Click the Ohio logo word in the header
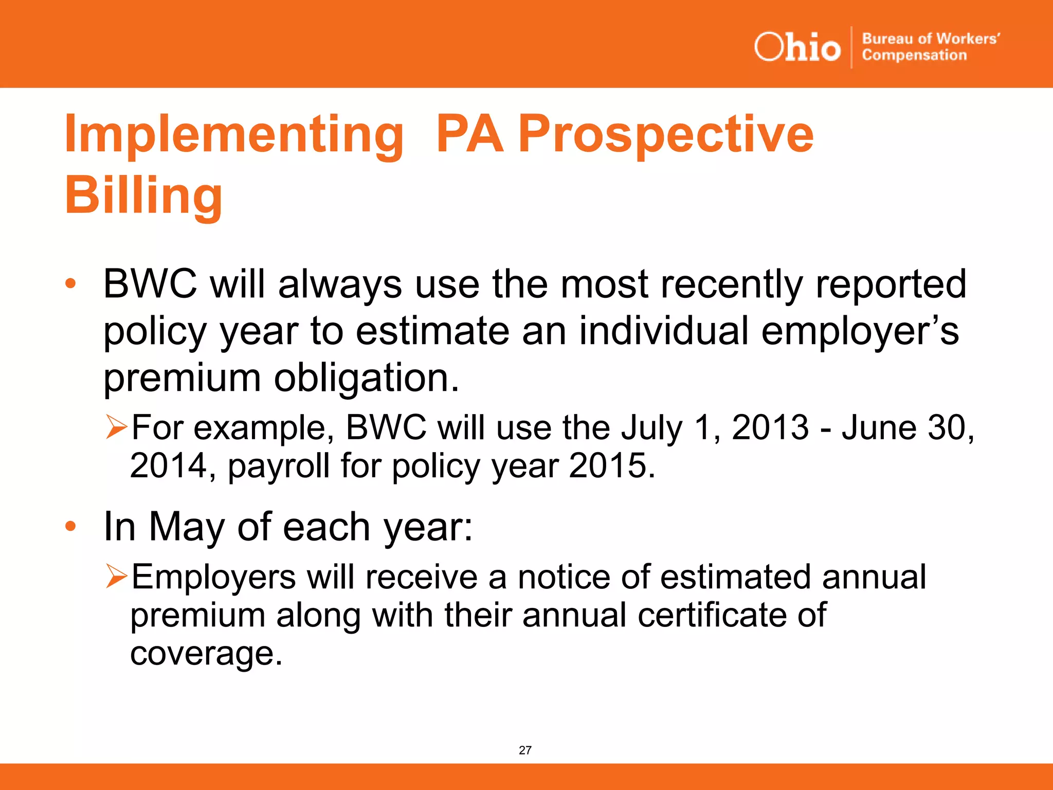(x=797, y=47)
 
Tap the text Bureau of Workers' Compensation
(x=931, y=47)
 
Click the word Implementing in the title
(x=234, y=135)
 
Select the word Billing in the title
(x=143, y=196)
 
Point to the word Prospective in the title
(x=666, y=135)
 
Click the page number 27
(x=525, y=750)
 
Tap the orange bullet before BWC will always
(x=70, y=283)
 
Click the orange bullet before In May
(x=70, y=526)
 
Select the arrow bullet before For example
(x=116, y=427)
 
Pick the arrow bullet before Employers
(x=116, y=576)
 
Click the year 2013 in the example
(x=770, y=427)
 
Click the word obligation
(x=366, y=378)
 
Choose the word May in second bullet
(x=187, y=527)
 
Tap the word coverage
(x=206, y=653)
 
